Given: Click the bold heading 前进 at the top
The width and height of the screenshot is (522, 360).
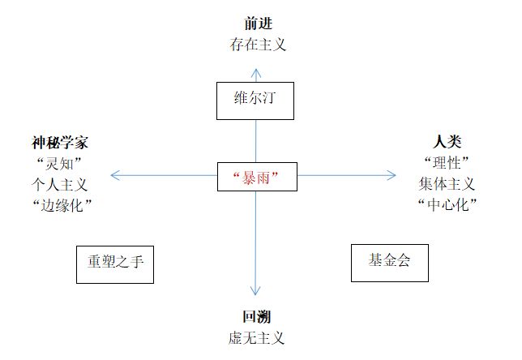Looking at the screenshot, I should (257, 23).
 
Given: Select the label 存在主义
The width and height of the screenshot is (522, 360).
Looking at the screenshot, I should (257, 43).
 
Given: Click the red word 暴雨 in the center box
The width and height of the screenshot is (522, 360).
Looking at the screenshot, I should (257, 176).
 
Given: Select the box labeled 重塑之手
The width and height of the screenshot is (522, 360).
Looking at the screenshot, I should (115, 264).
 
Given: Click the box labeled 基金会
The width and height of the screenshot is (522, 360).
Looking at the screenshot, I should (389, 262).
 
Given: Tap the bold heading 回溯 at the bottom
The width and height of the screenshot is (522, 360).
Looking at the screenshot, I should (257, 318).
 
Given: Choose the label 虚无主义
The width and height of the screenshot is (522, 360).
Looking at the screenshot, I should (257, 338).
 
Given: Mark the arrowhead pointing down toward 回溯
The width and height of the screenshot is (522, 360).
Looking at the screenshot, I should (256, 292).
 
